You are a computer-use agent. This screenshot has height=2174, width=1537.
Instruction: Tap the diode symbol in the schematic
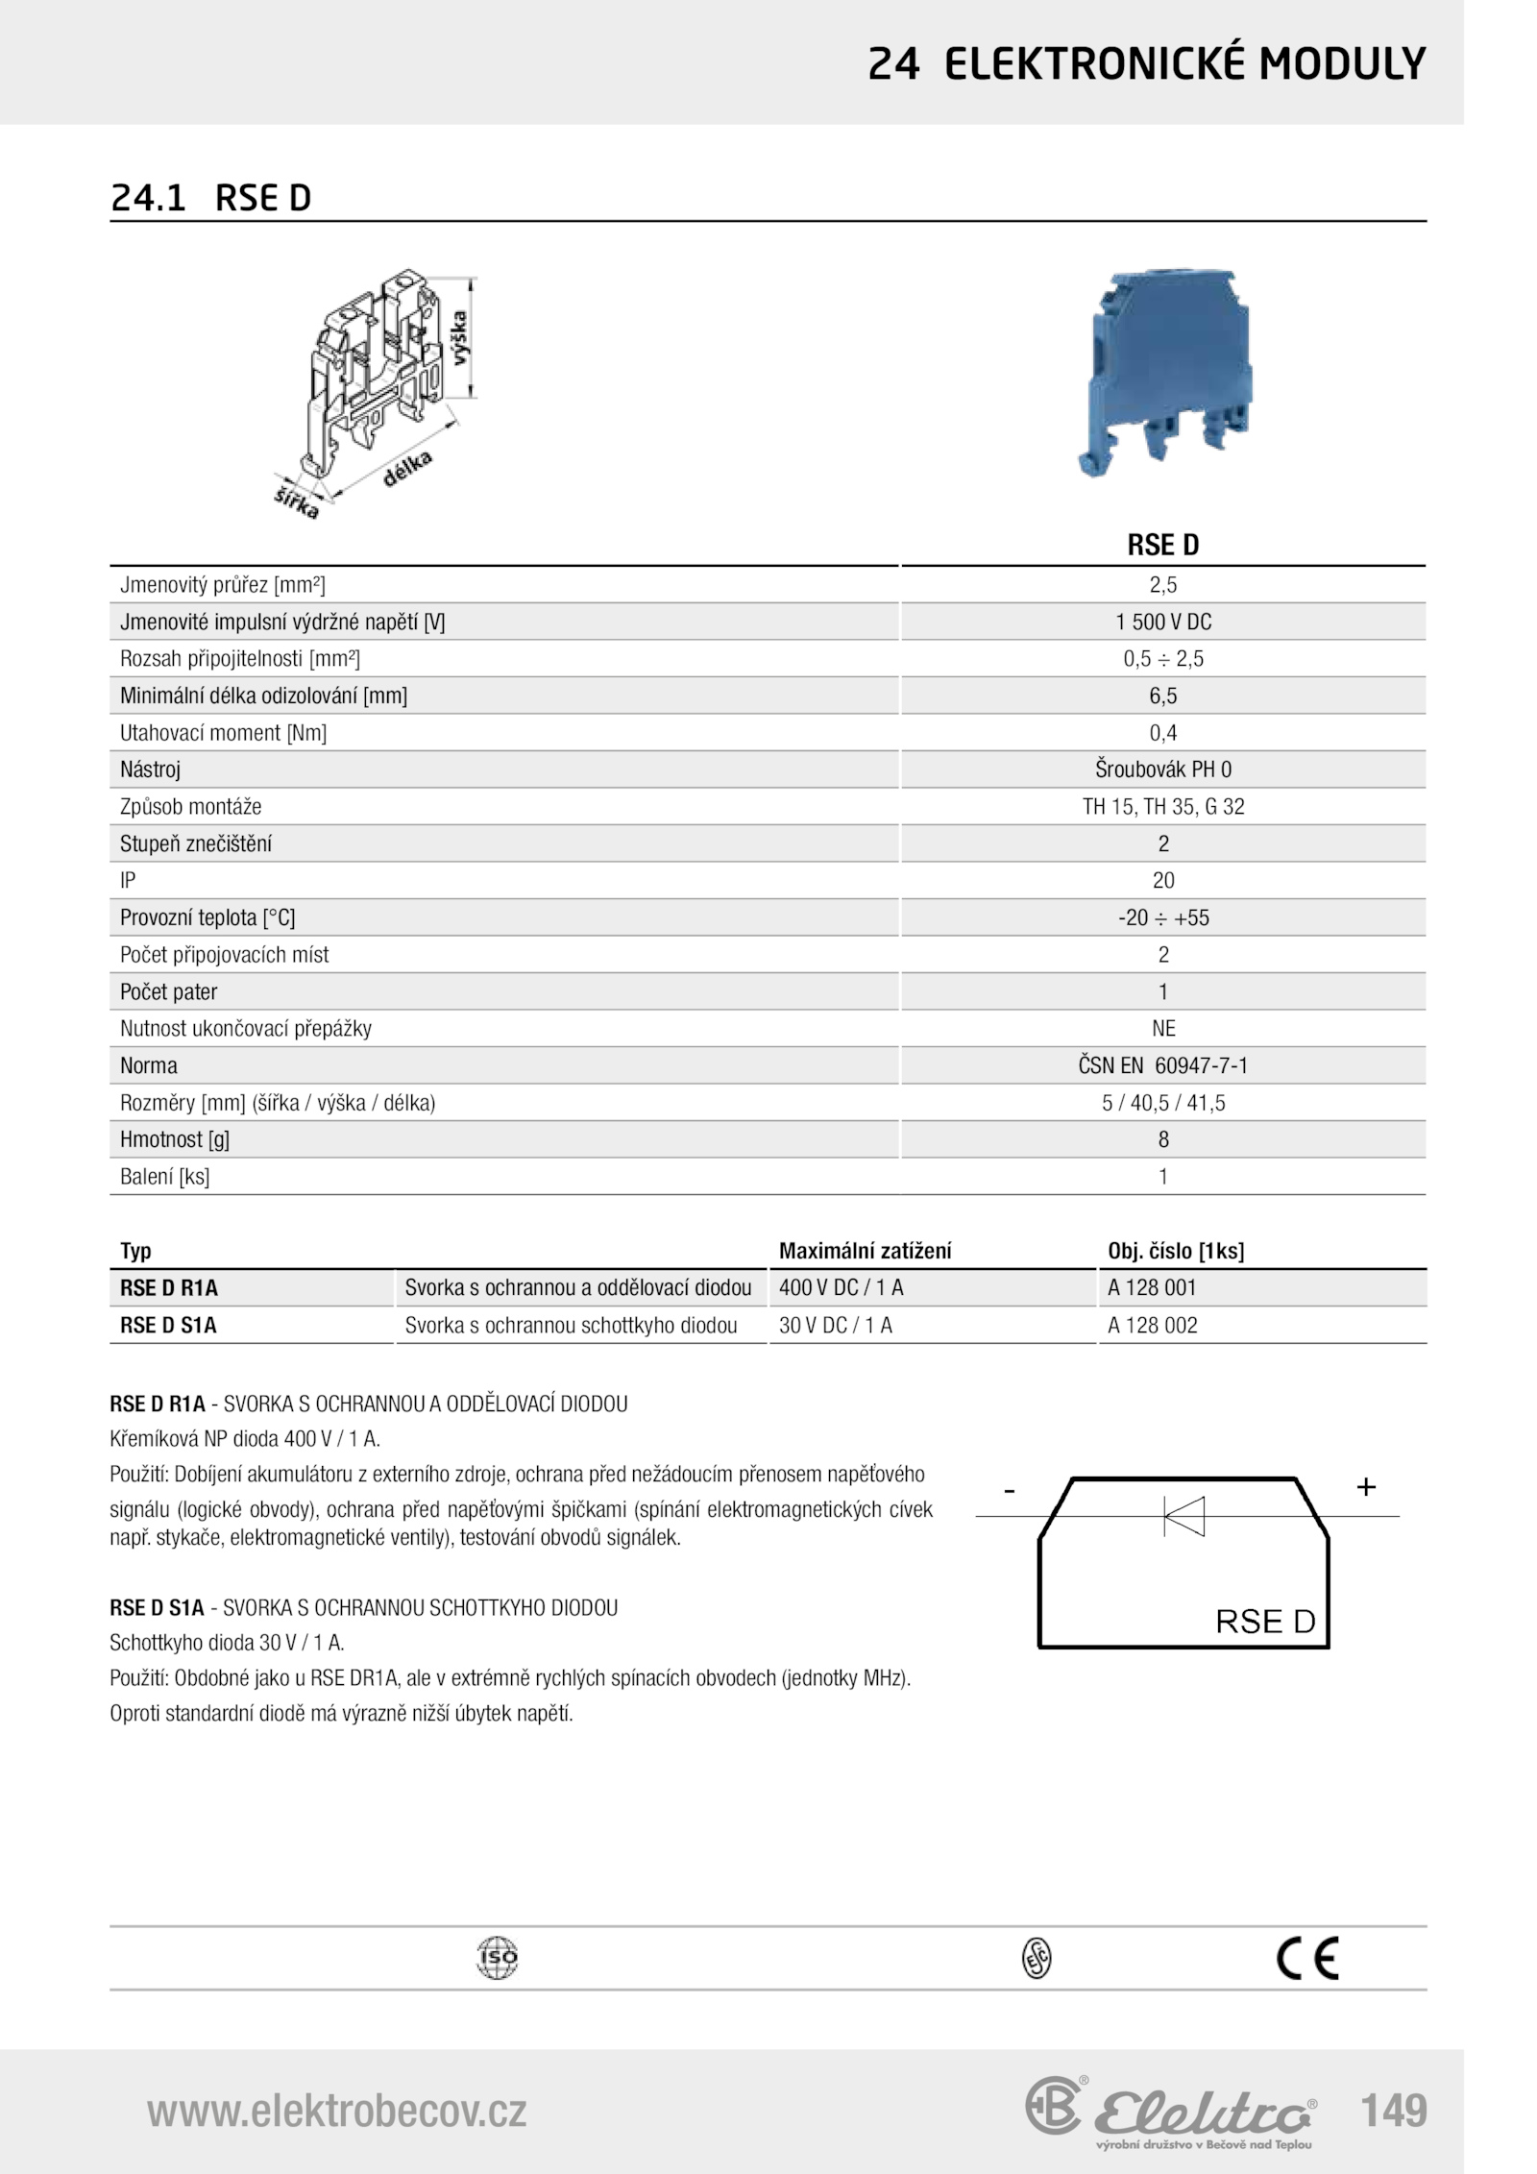tap(1184, 1516)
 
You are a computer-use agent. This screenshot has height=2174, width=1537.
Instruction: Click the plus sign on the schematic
tap(1366, 1487)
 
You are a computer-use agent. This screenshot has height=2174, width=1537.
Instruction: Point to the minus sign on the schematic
tap(1009, 1491)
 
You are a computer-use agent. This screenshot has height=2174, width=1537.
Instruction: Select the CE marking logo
tap(1307, 1959)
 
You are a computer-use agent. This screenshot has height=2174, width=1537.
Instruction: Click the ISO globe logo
tap(497, 1958)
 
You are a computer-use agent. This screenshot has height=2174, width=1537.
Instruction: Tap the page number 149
tap(1393, 2111)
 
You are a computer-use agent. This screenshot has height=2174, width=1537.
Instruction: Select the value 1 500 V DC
tap(1163, 623)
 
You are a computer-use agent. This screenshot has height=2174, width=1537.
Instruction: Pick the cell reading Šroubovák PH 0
tap(1163, 769)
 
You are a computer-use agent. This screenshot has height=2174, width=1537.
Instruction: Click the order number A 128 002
tap(1153, 1326)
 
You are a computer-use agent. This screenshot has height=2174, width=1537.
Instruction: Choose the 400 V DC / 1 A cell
tap(841, 1288)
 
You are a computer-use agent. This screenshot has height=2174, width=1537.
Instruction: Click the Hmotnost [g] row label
tap(175, 1140)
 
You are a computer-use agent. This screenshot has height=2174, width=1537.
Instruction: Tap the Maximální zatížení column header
tap(865, 1251)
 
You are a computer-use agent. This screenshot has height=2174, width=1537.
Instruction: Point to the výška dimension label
tap(462, 336)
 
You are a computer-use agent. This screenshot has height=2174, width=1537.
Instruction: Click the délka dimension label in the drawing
tap(408, 469)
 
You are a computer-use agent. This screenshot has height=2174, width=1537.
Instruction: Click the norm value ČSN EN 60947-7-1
tap(1163, 1065)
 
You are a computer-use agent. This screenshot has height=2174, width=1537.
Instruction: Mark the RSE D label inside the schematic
tap(1265, 1622)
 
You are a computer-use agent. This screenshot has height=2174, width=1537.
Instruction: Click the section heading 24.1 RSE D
tap(211, 198)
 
